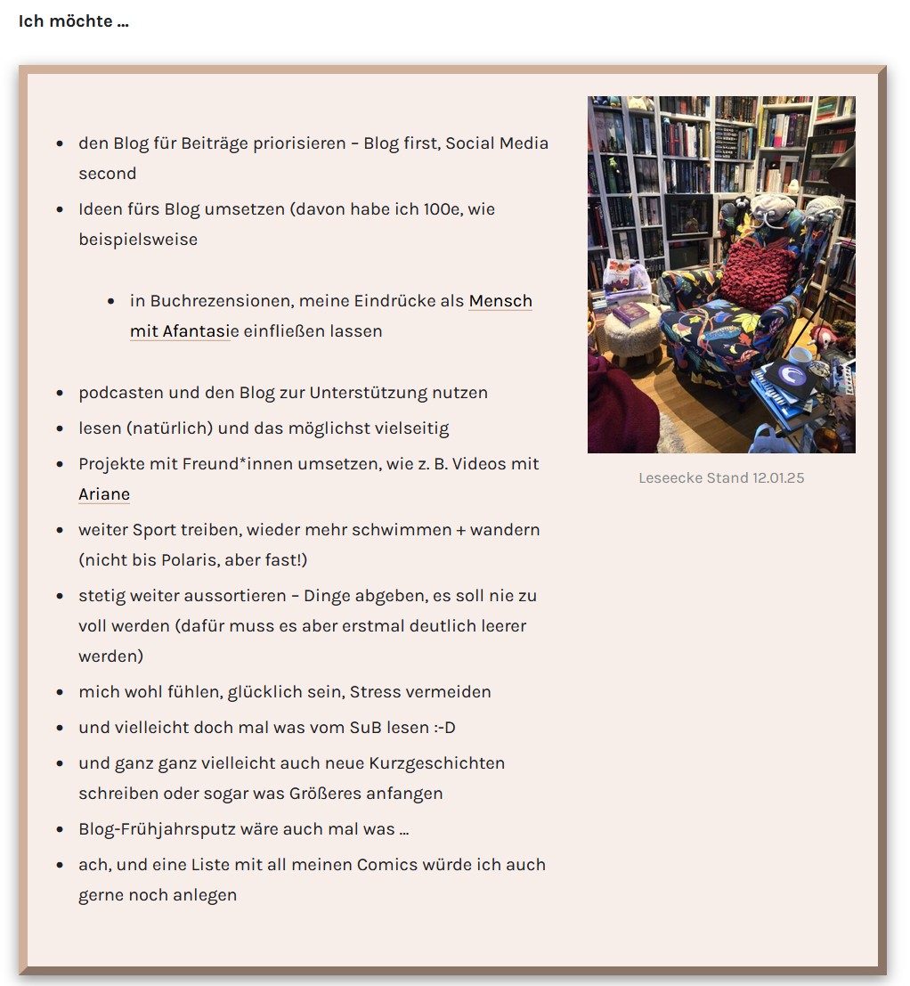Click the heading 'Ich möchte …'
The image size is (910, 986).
(74, 21)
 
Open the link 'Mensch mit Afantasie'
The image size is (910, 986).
(500, 302)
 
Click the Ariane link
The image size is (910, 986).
(104, 494)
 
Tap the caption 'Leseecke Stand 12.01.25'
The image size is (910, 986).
(721, 478)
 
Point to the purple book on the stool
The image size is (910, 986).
(630, 313)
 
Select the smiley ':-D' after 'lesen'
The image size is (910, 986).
(445, 728)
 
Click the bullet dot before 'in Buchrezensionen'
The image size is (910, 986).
(111, 302)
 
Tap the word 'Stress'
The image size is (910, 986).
(376, 692)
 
